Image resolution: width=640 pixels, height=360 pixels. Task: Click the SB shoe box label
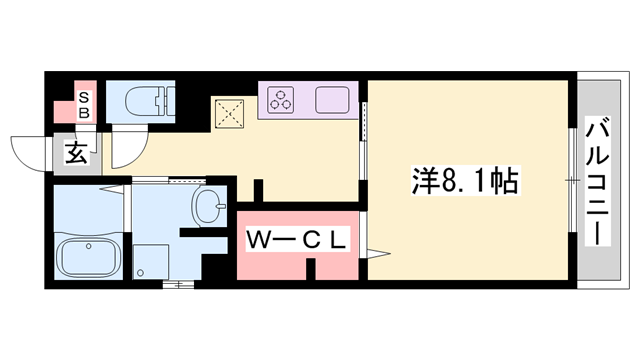[x=85, y=104]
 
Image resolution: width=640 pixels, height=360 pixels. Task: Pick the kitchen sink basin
[x=333, y=100]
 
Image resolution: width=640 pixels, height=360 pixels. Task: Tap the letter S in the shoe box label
[x=85, y=97]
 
